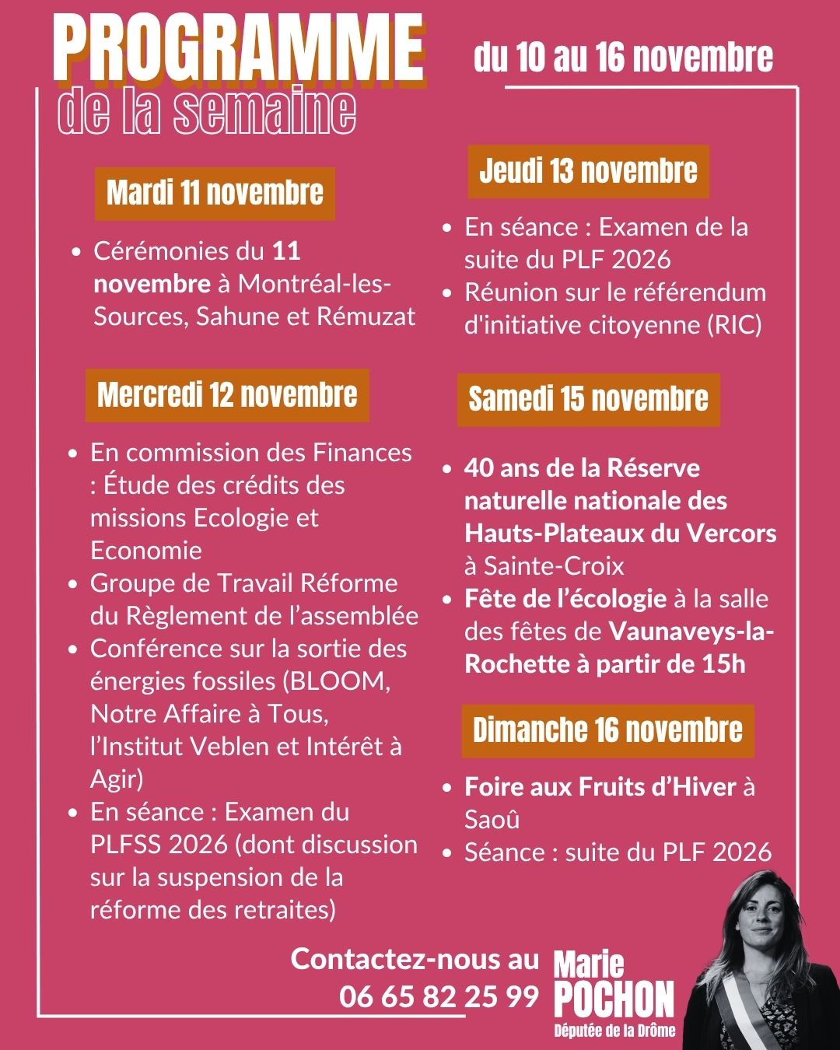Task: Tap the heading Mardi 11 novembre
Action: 215,193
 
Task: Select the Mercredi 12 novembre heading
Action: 227,395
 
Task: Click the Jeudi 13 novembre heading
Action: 588,171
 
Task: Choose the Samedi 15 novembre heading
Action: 588,400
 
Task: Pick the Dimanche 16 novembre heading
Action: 607,730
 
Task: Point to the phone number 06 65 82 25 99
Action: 439,996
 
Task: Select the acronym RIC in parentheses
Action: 733,325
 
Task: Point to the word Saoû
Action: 492,820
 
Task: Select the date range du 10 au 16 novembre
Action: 623,58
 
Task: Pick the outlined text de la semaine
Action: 207,111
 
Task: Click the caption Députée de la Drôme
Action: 614,1031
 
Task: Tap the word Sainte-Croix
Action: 554,565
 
